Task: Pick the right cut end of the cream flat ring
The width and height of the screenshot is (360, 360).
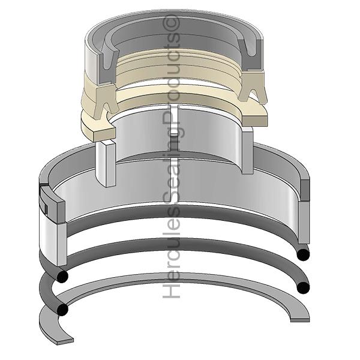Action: (255, 121)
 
